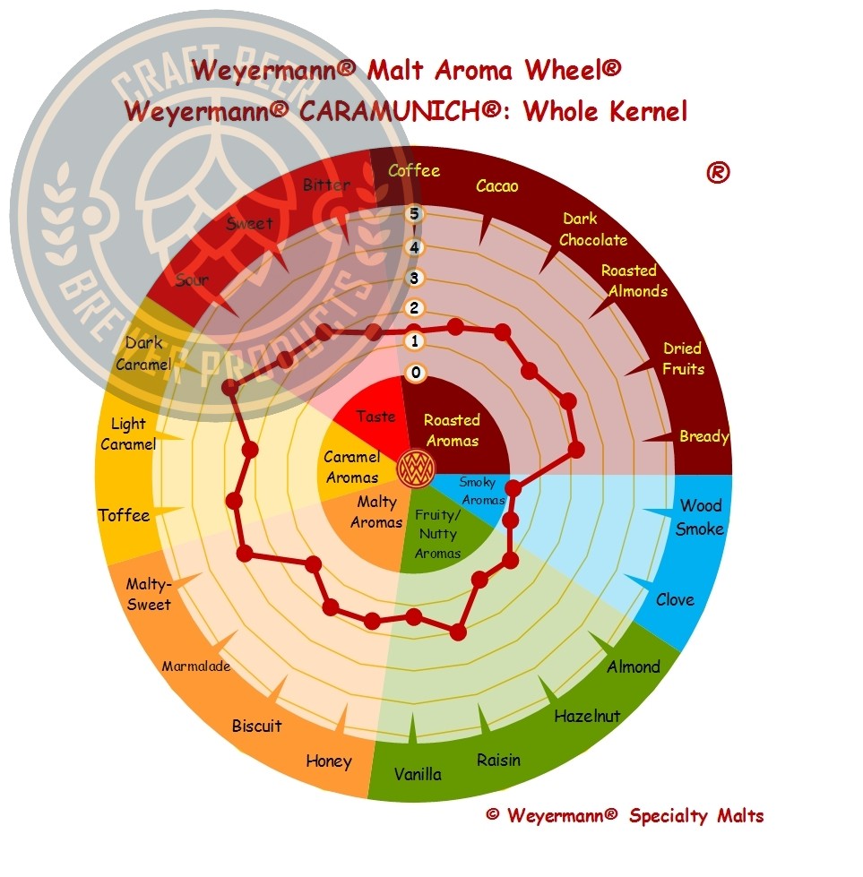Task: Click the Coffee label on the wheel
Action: pyautogui.click(x=413, y=170)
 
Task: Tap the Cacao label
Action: pyautogui.click(x=497, y=186)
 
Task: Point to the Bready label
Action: pyautogui.click(x=703, y=437)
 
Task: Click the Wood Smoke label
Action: pyautogui.click(x=700, y=518)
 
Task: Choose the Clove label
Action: pyautogui.click(x=675, y=599)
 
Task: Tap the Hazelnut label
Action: pyautogui.click(x=587, y=716)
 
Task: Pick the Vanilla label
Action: pyautogui.click(x=418, y=774)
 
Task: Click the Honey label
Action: pyautogui.click(x=329, y=761)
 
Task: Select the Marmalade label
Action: pyautogui.click(x=196, y=666)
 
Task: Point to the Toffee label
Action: pyautogui.click(x=125, y=515)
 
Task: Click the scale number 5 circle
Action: pyautogui.click(x=413, y=213)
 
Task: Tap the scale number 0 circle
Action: pyautogui.click(x=413, y=373)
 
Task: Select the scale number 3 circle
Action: pyautogui.click(x=413, y=278)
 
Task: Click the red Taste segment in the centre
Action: pyautogui.click(x=375, y=417)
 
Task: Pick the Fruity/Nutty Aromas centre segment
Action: pyautogui.click(x=436, y=535)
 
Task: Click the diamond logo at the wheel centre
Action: pyautogui.click(x=416, y=466)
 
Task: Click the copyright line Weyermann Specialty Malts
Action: pyautogui.click(x=625, y=816)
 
